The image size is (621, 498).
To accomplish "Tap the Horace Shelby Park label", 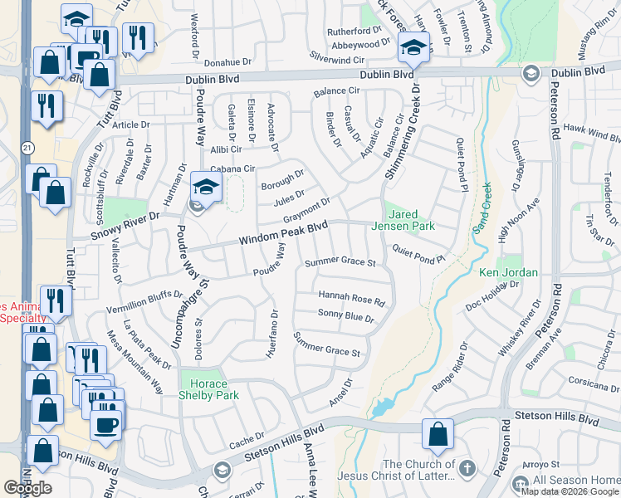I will point(210,389).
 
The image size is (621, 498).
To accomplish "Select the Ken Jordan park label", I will point(509,272).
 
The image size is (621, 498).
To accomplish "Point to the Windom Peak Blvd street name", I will point(283,232).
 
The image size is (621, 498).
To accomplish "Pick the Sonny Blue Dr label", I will point(346,316).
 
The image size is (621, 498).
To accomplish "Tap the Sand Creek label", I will point(482,208).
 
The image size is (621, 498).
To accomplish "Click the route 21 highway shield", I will point(27,147).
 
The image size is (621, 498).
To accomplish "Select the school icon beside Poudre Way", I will point(204,188).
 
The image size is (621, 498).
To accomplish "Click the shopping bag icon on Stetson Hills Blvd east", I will point(438,434).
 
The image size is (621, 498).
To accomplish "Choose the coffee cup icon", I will point(105,425).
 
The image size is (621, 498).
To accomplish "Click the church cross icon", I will point(467,470).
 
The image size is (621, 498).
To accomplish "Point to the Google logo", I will point(27,488).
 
